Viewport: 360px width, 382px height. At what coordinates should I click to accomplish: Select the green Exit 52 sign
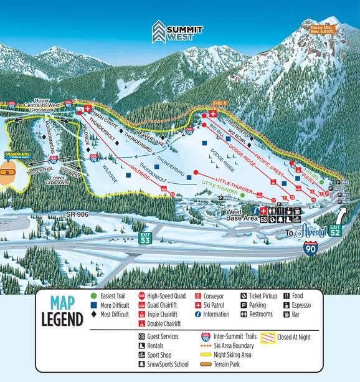click(x=335, y=231)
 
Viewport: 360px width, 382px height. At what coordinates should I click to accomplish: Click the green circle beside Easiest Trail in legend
click(x=94, y=295)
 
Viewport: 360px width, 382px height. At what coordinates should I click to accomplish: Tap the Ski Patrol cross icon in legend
click(x=198, y=305)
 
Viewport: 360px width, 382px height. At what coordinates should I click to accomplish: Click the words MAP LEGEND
click(x=62, y=312)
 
